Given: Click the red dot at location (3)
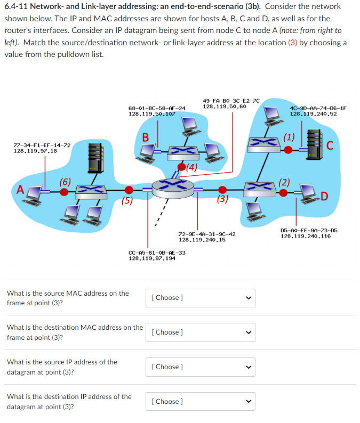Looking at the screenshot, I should (223, 189).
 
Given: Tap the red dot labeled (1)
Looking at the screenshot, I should (288, 150).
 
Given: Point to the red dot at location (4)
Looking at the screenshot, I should (181, 168).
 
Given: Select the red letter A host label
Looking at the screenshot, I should (20, 189).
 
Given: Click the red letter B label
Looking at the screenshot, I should (145, 137).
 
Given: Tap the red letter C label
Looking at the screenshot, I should (330, 145).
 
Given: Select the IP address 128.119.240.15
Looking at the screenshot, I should (202, 240).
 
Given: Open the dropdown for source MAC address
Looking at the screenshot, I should (199, 298).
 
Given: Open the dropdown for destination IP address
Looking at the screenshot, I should (199, 402).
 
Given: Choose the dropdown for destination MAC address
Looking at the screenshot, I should (199, 332).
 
